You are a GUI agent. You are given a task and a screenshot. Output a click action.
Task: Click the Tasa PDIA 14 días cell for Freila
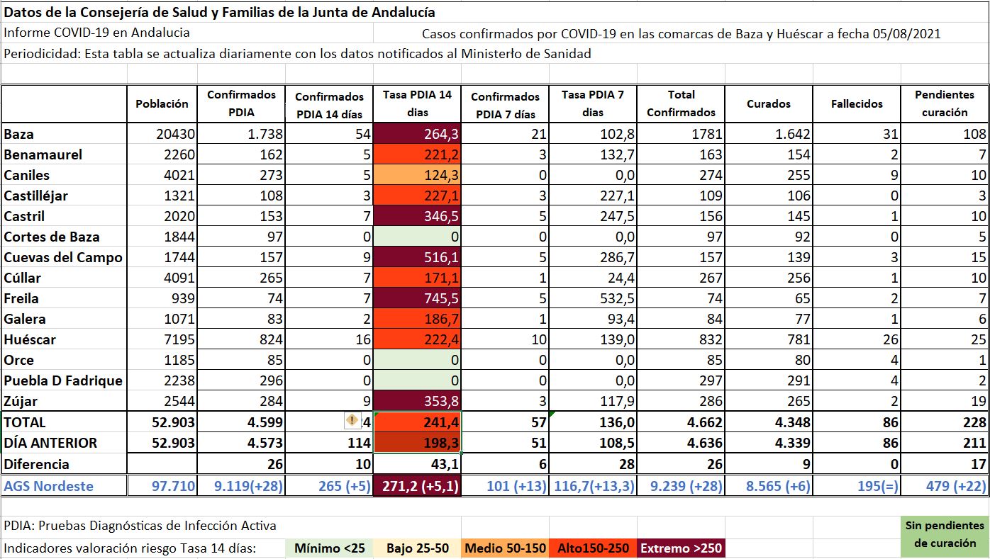(x=417, y=299)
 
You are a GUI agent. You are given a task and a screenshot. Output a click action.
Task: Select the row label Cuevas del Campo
(x=63, y=258)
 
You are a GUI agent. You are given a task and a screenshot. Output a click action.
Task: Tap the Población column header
(x=162, y=103)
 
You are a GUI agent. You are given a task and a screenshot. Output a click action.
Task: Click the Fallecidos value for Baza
(x=857, y=134)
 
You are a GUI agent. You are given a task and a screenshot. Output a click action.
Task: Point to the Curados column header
(x=769, y=103)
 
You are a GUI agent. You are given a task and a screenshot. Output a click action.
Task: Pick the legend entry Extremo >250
(x=682, y=548)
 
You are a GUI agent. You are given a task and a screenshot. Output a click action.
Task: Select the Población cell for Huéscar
(x=162, y=340)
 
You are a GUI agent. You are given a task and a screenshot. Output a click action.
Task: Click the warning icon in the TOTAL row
(x=352, y=421)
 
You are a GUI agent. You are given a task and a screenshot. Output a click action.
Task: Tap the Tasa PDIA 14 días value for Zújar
(x=417, y=402)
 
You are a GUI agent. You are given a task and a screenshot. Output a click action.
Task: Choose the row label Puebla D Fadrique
(x=63, y=380)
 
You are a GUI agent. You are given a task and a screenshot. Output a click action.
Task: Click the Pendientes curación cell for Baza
(x=946, y=134)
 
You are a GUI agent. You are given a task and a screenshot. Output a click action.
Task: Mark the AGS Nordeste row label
(x=48, y=486)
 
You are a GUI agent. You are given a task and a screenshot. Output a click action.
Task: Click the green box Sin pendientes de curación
(x=945, y=534)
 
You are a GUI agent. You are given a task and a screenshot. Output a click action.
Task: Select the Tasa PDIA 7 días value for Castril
(x=593, y=217)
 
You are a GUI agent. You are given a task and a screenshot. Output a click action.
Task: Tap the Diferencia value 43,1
(x=417, y=464)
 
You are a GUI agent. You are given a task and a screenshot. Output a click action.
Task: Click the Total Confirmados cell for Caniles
(x=681, y=175)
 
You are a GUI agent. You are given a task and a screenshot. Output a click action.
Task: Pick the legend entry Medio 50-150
(x=506, y=548)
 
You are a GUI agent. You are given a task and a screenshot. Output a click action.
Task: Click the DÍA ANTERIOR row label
(x=50, y=443)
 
